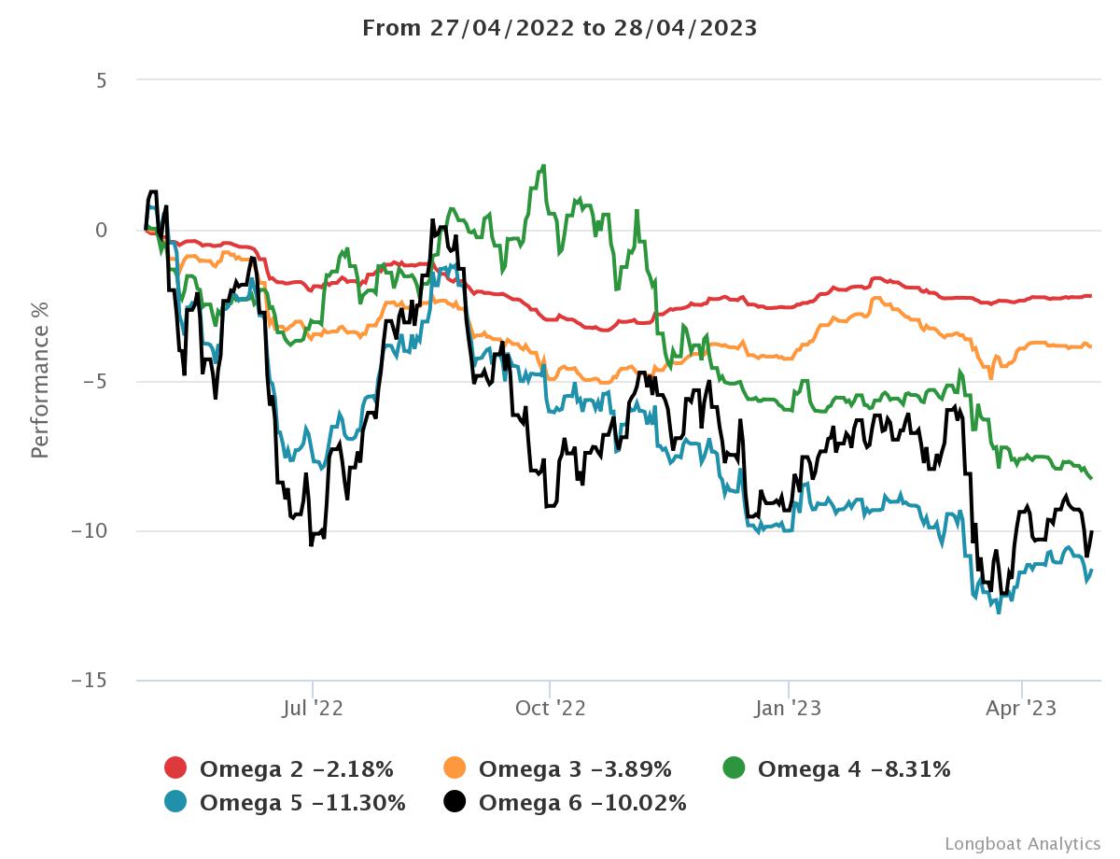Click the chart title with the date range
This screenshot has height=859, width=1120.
point(559,27)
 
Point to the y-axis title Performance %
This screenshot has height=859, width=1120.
point(39,380)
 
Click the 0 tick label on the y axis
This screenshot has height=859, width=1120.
point(101,231)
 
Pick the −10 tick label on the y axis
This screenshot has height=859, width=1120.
point(90,531)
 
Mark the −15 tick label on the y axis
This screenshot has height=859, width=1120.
point(90,682)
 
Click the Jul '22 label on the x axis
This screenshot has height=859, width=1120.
point(313,708)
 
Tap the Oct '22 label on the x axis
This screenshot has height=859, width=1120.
point(550,708)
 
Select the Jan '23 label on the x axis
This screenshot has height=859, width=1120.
point(789,708)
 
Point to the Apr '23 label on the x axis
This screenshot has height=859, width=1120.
point(1022,708)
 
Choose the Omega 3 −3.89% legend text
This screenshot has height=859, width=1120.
point(575,769)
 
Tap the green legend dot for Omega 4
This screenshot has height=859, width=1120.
point(735,768)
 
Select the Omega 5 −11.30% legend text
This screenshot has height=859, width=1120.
point(302,802)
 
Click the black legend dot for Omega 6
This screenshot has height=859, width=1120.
point(455,802)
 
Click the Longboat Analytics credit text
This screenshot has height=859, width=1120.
point(1022,843)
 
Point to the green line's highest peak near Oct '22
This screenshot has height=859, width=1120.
point(543,166)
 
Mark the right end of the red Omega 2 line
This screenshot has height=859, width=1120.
point(1091,296)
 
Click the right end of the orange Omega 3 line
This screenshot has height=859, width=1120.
point(1091,346)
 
